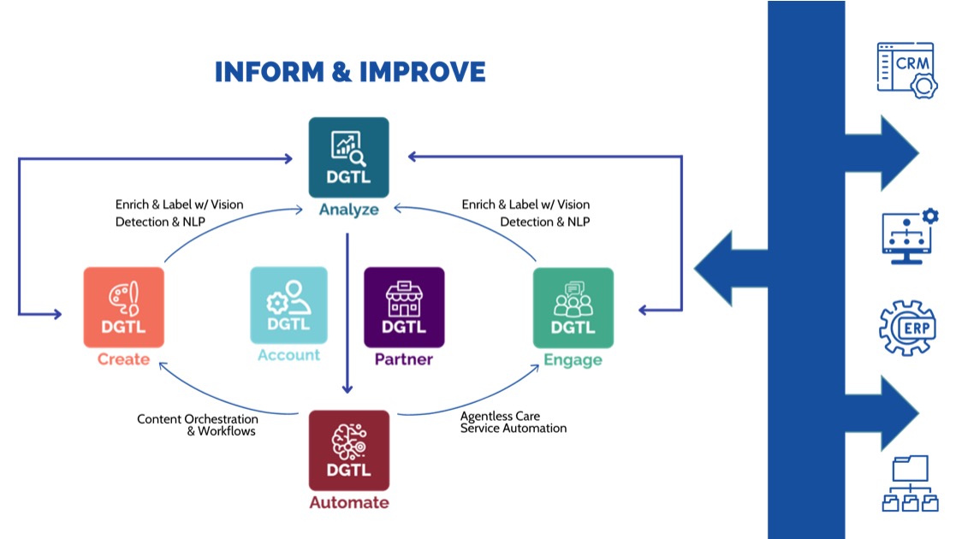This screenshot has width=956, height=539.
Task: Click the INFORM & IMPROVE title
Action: tap(349, 72)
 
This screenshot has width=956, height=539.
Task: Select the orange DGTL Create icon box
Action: tap(123, 306)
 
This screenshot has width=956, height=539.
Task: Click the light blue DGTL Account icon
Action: tap(288, 305)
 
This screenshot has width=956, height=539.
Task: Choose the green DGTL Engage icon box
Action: tap(573, 307)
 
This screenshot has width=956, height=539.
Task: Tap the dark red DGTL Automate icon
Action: tap(348, 450)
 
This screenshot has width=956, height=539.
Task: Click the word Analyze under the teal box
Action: tap(348, 210)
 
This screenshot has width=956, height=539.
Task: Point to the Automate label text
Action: tap(348, 503)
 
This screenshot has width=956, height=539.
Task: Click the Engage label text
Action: tap(573, 360)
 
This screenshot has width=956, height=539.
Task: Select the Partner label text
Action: tap(404, 359)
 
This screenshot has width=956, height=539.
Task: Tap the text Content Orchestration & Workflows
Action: tap(198, 425)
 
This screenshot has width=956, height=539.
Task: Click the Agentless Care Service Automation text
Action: tap(513, 422)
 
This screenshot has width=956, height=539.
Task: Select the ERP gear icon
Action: tap(907, 329)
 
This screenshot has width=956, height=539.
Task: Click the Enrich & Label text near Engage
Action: tap(526, 213)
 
